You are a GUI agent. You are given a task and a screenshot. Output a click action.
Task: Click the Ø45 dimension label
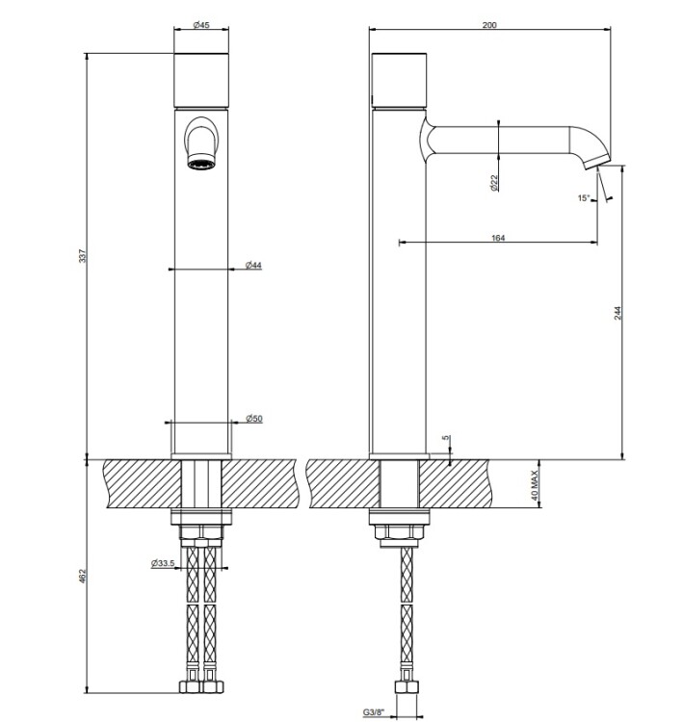(x=201, y=25)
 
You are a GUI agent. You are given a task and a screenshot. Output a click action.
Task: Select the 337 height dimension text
(x=83, y=256)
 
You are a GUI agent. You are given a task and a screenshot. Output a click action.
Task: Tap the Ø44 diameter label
(x=253, y=265)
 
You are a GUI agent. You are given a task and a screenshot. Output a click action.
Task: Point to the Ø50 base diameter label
(x=254, y=418)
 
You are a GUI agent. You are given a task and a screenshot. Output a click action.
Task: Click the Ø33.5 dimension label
(x=163, y=563)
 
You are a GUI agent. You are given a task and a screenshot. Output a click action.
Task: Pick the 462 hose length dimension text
(x=83, y=577)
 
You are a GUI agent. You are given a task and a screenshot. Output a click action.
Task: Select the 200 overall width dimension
(x=489, y=25)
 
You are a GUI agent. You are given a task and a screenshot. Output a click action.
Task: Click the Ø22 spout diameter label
(x=494, y=183)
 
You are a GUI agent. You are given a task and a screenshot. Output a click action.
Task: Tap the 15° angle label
(x=584, y=198)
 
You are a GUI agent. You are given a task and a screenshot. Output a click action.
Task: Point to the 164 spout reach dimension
(x=498, y=238)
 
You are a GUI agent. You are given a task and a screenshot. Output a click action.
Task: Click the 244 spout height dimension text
(x=617, y=313)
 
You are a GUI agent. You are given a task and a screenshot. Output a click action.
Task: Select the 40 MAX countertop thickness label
(x=535, y=485)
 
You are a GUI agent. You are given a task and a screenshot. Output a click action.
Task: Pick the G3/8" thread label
(x=374, y=711)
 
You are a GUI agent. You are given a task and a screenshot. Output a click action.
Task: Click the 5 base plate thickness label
(x=446, y=438)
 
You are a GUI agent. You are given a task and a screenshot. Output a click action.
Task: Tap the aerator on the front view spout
(x=201, y=163)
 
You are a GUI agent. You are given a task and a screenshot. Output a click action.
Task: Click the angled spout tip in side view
(x=597, y=161)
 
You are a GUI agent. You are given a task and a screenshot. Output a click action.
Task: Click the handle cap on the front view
(x=201, y=81)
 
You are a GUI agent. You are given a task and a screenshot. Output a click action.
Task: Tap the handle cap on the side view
(x=399, y=81)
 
